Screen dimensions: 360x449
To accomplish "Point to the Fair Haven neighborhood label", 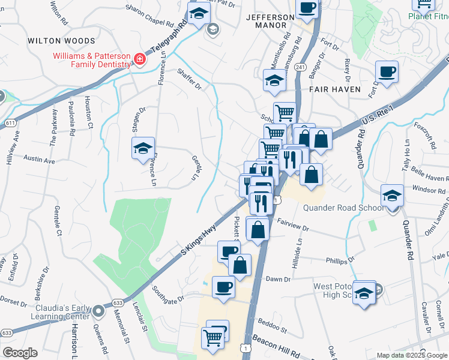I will tap(335, 89).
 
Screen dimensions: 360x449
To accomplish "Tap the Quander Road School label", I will tap(343, 208).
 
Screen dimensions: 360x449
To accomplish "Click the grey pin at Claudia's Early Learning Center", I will tap(98, 312).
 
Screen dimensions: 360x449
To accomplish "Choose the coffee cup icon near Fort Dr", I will tap(387, 72).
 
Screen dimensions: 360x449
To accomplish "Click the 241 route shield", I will tap(301, 67).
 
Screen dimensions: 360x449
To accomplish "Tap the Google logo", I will tap(20, 353).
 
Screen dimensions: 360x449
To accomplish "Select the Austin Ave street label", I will tap(39, 161).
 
